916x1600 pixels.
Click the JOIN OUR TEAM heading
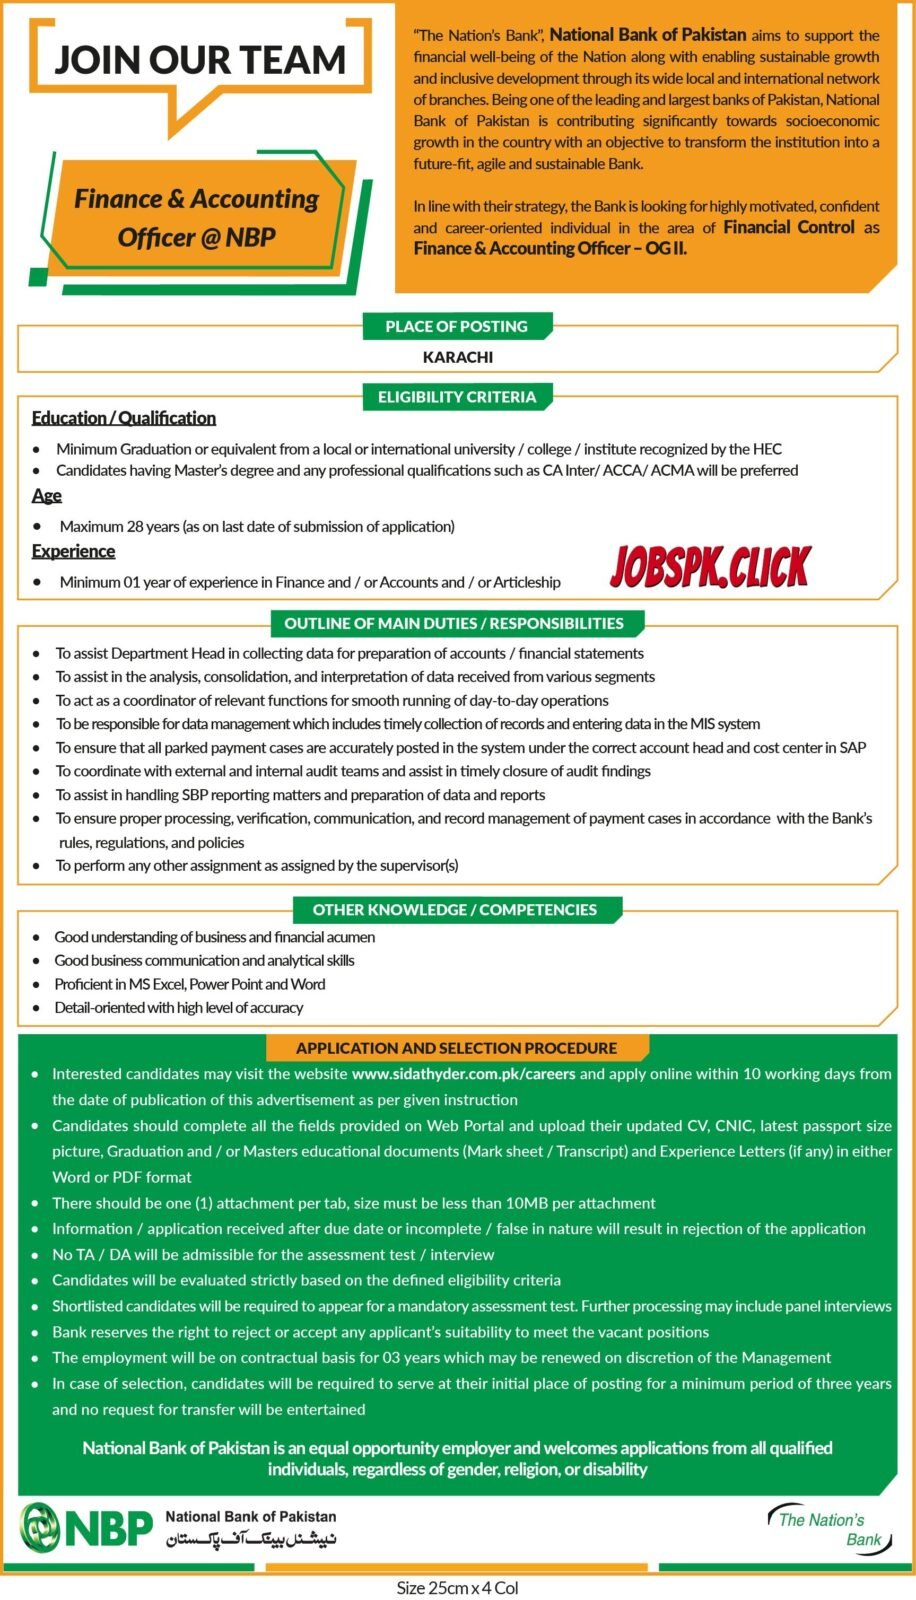point(200,60)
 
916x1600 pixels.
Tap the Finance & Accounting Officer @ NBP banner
point(196,217)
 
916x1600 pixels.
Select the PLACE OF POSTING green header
point(456,326)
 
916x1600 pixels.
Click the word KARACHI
point(457,357)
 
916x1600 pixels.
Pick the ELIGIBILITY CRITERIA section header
point(457,397)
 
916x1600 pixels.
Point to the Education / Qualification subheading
point(123,418)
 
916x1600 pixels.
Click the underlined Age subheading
point(46,496)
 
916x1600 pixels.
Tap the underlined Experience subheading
point(73,551)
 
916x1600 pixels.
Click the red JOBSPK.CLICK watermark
point(709,568)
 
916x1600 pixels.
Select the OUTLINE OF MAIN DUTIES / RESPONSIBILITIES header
point(454,623)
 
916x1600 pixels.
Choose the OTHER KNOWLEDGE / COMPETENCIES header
point(454,909)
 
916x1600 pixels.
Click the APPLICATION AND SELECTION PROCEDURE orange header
point(456,1048)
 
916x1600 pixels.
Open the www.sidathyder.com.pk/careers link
point(463,1074)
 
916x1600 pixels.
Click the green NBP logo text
point(109,1527)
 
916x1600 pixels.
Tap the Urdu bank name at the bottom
point(251,1539)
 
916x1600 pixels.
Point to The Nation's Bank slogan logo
point(827,1528)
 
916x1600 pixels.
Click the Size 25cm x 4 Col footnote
point(457,1588)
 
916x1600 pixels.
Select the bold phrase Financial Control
point(789,227)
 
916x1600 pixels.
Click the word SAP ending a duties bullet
point(852,748)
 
